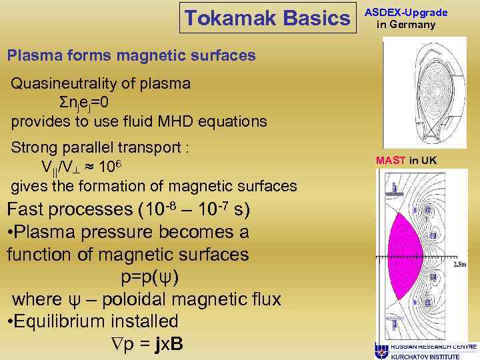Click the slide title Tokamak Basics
[x=267, y=19]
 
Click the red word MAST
[x=391, y=160]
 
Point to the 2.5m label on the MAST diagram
[x=461, y=265]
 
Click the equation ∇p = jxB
[x=144, y=344]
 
